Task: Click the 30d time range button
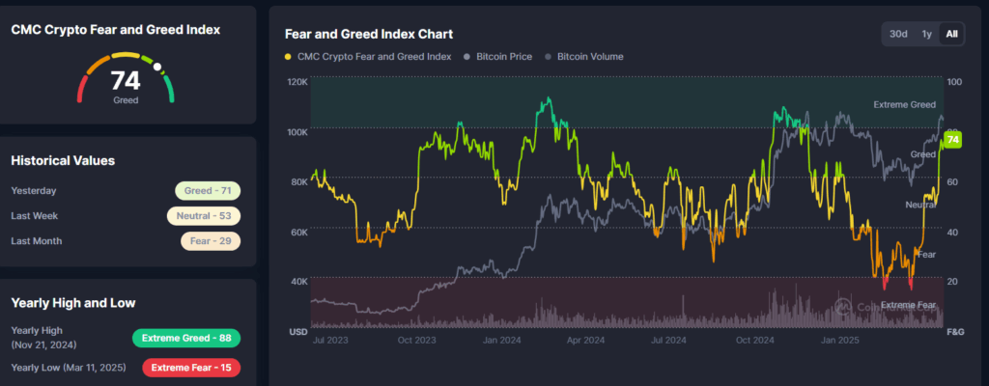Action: [x=898, y=34]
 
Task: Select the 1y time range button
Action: [x=926, y=34]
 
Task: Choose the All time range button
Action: [x=952, y=34]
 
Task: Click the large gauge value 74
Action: [x=126, y=80]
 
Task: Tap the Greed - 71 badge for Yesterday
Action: [x=208, y=191]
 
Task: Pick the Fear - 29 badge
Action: [x=210, y=240]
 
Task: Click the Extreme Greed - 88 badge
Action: [x=186, y=338]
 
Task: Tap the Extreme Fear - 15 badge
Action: [x=190, y=367]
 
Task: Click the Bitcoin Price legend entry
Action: [x=502, y=57]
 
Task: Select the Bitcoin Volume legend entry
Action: [x=589, y=57]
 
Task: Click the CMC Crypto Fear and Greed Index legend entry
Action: [x=371, y=57]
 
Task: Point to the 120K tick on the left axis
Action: [x=297, y=82]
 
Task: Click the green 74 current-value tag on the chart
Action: [x=953, y=141]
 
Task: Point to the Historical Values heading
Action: [x=63, y=160]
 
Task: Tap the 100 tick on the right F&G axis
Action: [x=955, y=82]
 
